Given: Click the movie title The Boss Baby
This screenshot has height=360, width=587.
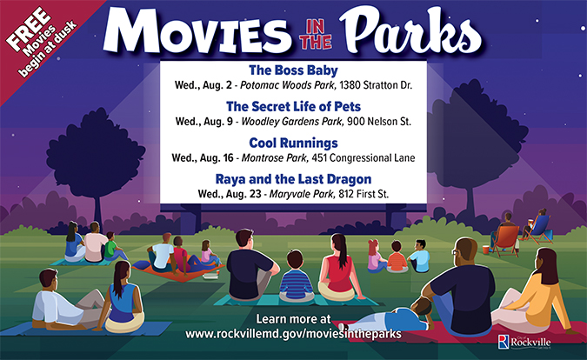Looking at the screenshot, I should pyautogui.click(x=293, y=70).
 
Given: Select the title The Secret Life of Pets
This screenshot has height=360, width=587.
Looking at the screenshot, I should pyautogui.click(x=293, y=106).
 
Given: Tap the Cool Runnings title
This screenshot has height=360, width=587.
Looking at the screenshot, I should pyautogui.click(x=293, y=143).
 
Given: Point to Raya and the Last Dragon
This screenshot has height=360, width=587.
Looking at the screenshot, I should pyautogui.click(x=293, y=178).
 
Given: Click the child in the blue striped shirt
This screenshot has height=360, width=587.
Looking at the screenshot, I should pyautogui.click(x=296, y=283).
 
